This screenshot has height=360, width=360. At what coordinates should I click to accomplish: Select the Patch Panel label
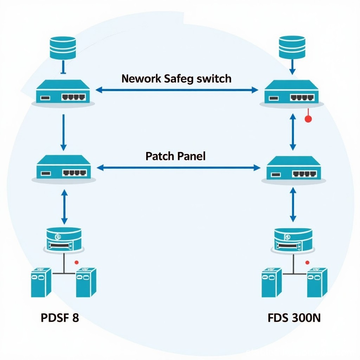[175, 156]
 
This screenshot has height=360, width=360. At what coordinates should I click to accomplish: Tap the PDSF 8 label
[60, 317]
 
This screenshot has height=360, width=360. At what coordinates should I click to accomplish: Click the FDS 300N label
[294, 317]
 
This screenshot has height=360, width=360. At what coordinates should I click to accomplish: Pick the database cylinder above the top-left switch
[63, 47]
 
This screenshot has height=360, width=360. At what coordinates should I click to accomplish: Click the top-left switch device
[63, 92]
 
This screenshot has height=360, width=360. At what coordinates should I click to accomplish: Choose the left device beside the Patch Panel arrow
[64, 168]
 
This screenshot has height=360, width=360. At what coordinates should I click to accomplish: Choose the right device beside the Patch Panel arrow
[293, 169]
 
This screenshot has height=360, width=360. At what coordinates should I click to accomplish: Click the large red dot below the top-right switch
[308, 119]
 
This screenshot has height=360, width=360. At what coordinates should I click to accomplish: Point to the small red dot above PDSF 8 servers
[76, 262]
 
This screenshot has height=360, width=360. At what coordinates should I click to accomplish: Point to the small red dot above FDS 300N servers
[307, 262]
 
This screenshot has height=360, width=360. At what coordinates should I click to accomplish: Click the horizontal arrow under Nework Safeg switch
[177, 90]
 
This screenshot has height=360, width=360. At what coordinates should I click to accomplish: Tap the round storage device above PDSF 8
[64, 239]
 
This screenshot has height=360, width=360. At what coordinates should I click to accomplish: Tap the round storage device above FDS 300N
[293, 240]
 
